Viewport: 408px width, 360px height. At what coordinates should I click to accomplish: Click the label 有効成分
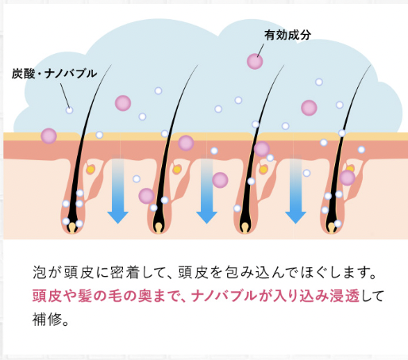(287, 35)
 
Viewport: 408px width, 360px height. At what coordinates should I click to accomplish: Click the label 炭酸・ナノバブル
(54, 73)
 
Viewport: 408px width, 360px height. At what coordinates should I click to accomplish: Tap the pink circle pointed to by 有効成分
(255, 61)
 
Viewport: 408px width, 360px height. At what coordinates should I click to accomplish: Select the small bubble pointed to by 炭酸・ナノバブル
(69, 110)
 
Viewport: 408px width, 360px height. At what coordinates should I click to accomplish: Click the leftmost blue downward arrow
(117, 190)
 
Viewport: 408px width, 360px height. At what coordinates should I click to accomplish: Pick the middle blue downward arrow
(206, 190)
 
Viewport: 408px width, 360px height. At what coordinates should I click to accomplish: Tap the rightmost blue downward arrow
(295, 190)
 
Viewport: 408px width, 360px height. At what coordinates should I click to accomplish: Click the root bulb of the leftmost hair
(72, 228)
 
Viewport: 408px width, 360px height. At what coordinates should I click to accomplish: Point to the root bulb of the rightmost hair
(331, 228)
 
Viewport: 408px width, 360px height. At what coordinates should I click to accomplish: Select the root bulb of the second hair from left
(159, 228)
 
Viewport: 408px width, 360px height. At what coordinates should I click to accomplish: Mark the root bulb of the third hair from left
(245, 228)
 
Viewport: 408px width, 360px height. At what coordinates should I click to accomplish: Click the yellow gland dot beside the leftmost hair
(90, 169)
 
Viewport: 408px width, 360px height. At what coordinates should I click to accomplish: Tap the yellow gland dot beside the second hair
(177, 169)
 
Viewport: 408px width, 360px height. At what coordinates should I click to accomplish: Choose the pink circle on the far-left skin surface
(48, 136)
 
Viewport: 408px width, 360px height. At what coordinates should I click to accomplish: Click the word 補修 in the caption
(48, 319)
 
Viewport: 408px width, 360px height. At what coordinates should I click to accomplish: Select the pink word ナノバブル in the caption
(224, 296)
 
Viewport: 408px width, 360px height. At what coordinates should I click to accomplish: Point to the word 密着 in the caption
(125, 273)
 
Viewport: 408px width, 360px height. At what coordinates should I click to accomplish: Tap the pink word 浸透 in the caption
(344, 296)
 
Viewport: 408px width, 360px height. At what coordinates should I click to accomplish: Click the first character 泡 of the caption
(40, 273)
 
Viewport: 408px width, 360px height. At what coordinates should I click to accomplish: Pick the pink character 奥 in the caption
(145, 296)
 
